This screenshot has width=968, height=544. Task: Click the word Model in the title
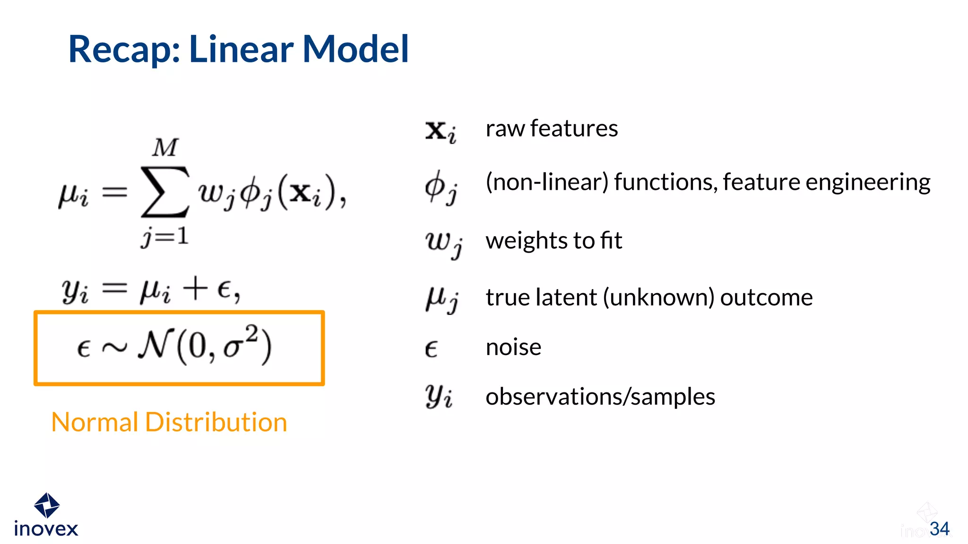[355, 49]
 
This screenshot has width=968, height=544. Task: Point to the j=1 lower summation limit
[164, 236]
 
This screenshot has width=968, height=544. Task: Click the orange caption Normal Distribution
[169, 422]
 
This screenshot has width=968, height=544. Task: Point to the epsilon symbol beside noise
[431, 349]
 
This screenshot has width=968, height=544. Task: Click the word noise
[513, 348]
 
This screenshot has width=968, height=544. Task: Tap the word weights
[526, 241]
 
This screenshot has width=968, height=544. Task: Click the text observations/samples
[600, 397]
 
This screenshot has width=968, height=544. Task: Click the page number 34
[939, 529]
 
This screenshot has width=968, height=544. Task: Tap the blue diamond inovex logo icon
[46, 505]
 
